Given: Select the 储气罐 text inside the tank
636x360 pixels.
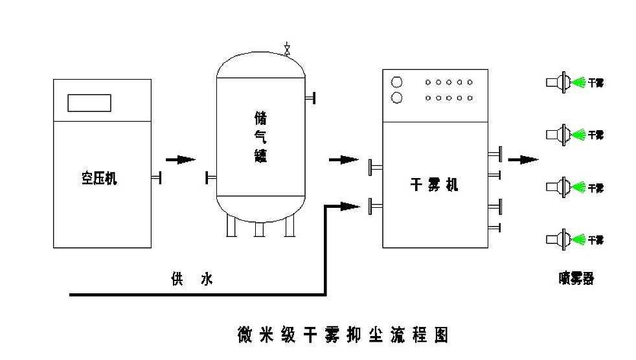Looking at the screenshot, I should click(260, 137).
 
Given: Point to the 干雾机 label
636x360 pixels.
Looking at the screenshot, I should click(435, 185).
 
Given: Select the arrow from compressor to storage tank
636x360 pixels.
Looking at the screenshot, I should click(180, 159).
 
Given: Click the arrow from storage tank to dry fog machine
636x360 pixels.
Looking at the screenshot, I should click(343, 159).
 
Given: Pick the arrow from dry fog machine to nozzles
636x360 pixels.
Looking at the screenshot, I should click(523, 159).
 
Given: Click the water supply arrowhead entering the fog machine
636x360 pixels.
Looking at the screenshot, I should click(350, 206).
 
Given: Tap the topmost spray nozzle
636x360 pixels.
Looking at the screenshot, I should click(558, 82).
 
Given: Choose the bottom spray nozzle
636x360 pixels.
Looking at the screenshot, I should click(558, 239).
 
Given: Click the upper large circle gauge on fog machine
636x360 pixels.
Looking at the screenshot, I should click(397, 82).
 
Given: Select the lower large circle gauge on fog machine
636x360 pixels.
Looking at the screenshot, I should click(397, 98).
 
